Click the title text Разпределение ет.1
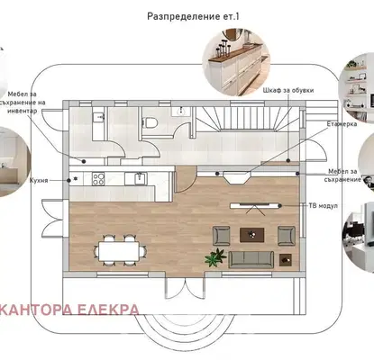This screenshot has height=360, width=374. pyautogui.click(x=193, y=16)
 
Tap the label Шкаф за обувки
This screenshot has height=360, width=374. pyautogui.click(x=288, y=90)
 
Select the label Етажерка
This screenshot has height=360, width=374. pyautogui.click(x=342, y=124)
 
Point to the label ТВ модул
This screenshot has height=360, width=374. pyautogui.click(x=324, y=206)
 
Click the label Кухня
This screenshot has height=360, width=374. pyautogui.click(x=39, y=181)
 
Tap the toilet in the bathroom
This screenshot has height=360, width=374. pyautogui.click(x=150, y=122)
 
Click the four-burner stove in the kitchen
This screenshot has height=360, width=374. pyautogui.click(x=98, y=179)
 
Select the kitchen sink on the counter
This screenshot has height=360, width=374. pyautogui.click(x=140, y=179)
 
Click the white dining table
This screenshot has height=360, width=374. pyautogui.click(x=119, y=252)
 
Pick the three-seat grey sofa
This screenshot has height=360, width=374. pyautogui.click(x=251, y=259)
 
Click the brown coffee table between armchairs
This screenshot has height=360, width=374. pyautogui.click(x=252, y=235)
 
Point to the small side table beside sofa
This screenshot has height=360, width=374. pyautogui.click(x=286, y=260)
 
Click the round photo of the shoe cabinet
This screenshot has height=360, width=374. pyautogui.click(x=236, y=62)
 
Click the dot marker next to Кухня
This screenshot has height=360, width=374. pyautogui.click(x=69, y=180)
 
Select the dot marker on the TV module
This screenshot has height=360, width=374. pyautogui.click(x=279, y=205)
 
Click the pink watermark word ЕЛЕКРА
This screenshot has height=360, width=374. pyautogui.click(x=108, y=310)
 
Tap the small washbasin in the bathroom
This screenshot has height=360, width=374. pyautogui.click(x=181, y=112)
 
